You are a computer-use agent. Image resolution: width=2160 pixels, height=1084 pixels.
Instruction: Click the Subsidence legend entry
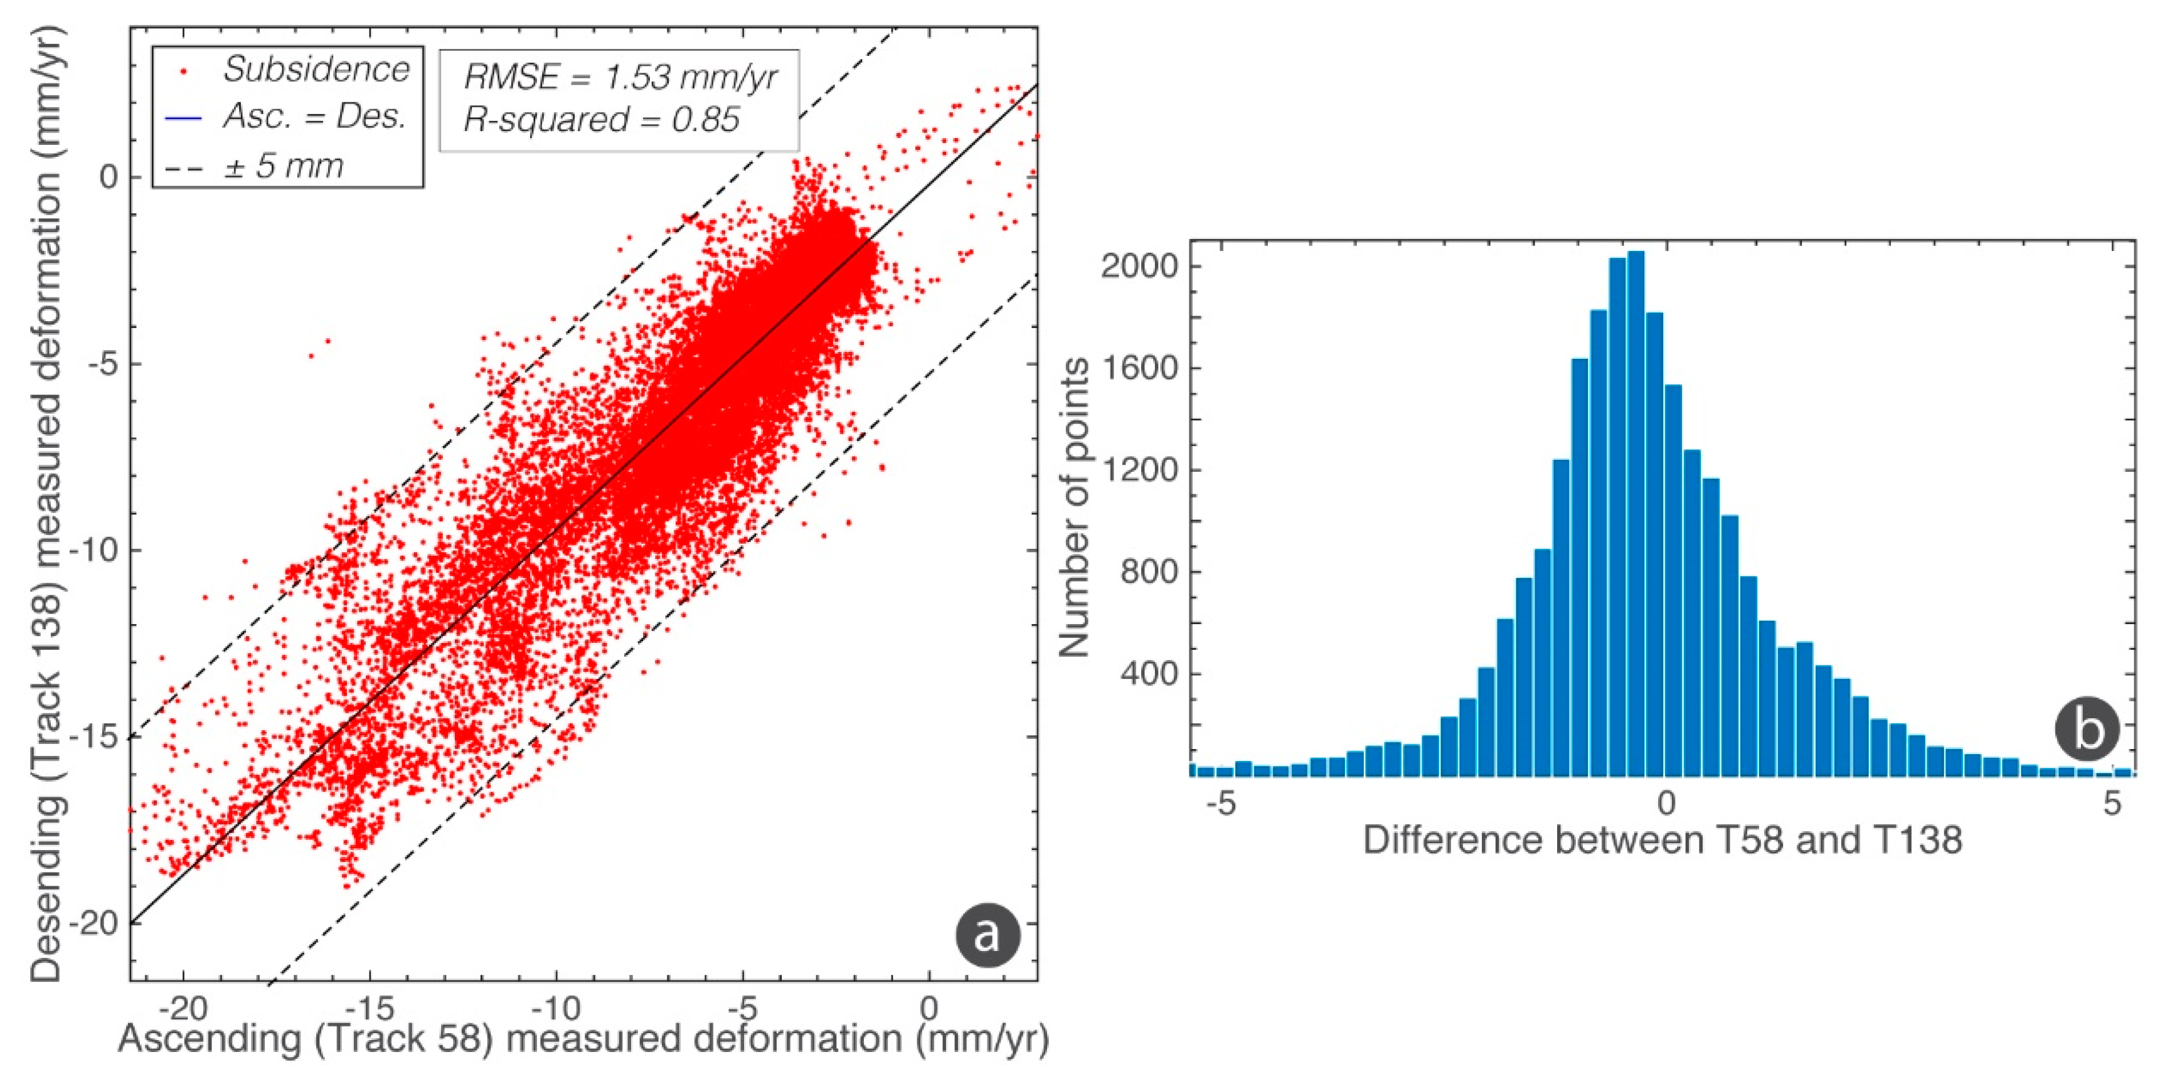(316, 70)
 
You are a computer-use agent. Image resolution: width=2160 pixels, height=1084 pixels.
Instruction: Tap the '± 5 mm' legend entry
(284, 165)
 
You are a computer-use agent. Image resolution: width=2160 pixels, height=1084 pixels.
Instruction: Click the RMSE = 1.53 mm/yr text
(620, 77)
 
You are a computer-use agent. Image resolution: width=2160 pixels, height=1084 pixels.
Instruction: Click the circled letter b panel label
(2086, 730)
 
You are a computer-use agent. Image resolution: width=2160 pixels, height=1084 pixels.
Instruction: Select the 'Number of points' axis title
(1074, 507)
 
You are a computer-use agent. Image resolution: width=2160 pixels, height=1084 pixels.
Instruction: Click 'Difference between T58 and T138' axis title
(1662, 840)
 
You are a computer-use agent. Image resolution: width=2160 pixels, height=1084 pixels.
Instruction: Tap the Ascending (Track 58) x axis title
(583, 1039)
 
